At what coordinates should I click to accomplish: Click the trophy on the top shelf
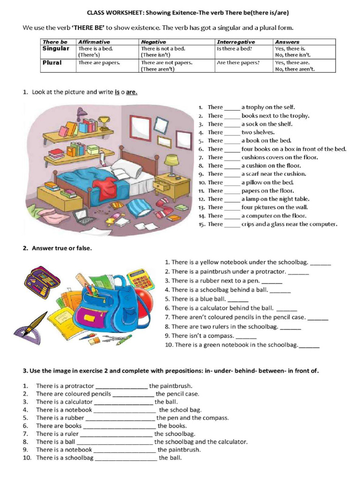(104, 123)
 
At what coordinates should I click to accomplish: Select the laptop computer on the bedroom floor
(84, 217)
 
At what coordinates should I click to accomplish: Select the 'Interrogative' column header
(236, 42)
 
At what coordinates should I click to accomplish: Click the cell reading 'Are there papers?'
(238, 62)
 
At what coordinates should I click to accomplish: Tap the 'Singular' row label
(55, 48)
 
